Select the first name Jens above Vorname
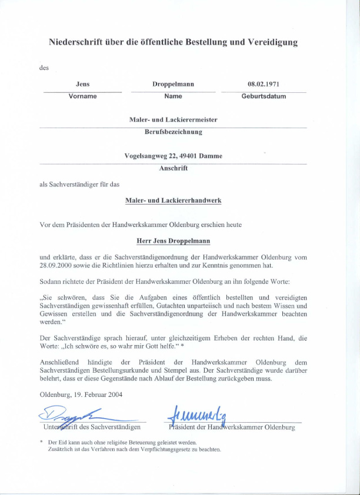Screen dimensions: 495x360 [82, 85]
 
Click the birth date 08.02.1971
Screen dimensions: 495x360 [264, 85]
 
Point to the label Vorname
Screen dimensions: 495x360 [82, 96]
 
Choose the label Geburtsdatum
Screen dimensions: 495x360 [264, 96]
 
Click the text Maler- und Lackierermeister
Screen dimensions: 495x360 [173, 120]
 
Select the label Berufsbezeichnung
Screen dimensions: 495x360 [173, 132]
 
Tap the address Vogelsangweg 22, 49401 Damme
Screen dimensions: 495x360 [173, 156]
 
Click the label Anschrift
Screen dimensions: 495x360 [173, 168]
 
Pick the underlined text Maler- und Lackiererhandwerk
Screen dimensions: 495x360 [173, 200]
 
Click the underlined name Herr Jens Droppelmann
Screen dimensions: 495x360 [173, 241]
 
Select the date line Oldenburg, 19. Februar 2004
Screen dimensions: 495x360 [81, 394]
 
